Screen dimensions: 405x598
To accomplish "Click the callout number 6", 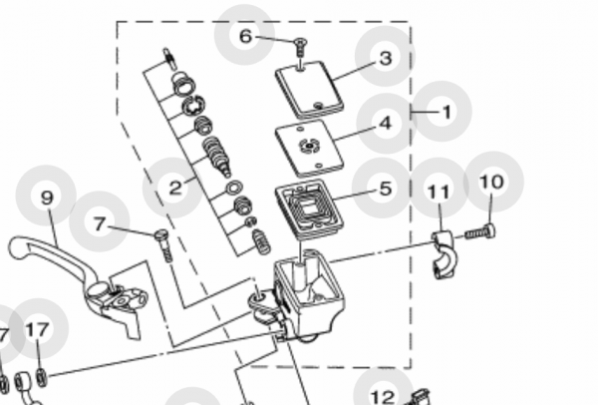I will (245, 36).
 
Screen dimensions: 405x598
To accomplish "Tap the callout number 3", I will (385, 58).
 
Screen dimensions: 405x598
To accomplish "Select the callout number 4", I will (385, 124).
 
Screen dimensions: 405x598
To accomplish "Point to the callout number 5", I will (385, 187).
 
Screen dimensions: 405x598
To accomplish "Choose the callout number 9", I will (47, 197).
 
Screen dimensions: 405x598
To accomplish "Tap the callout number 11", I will (439, 190).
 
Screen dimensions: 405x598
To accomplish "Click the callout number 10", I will (492, 182).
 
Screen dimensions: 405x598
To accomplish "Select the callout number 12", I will (383, 397).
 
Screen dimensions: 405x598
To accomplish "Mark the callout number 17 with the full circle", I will (37, 330).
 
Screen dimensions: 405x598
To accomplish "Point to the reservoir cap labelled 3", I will (308, 87).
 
